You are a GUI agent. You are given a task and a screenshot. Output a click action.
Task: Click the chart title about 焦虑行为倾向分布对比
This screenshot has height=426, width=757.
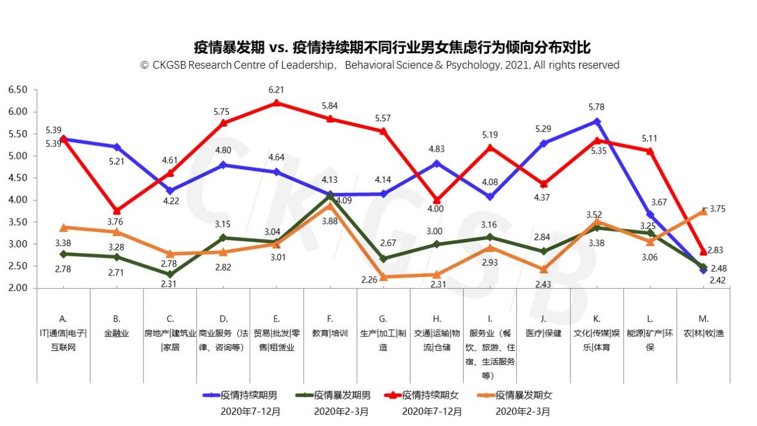(x=392, y=47)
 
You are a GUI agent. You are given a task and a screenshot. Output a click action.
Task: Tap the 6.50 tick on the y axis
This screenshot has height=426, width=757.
(x=18, y=90)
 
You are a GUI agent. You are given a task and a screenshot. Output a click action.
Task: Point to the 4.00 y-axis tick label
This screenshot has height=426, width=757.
(x=18, y=200)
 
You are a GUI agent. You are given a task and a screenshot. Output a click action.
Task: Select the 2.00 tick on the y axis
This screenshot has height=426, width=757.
(x=18, y=288)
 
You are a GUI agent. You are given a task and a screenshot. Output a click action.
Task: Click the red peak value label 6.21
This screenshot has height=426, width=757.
(x=277, y=90)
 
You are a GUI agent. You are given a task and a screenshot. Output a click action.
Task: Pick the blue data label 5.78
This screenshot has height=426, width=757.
(x=596, y=108)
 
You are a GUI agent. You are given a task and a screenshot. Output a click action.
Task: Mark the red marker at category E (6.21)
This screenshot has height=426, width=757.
(x=277, y=103)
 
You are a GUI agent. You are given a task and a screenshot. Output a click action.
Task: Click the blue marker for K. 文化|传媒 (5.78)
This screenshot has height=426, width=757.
(x=597, y=121)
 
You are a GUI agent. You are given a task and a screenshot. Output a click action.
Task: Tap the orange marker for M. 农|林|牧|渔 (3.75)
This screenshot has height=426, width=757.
(x=703, y=211)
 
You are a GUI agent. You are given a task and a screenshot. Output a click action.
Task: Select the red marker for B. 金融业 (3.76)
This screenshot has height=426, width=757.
(x=117, y=211)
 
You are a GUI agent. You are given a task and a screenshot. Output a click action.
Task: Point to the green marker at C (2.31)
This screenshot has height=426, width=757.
(x=170, y=274)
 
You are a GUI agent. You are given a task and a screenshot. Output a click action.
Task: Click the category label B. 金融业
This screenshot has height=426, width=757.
(x=117, y=326)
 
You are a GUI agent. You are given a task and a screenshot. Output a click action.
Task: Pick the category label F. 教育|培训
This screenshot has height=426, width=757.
(x=330, y=326)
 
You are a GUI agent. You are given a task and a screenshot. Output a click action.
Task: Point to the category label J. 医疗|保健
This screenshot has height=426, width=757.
(x=544, y=326)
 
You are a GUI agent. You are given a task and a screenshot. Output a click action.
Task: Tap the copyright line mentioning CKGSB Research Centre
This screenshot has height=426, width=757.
(x=380, y=65)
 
